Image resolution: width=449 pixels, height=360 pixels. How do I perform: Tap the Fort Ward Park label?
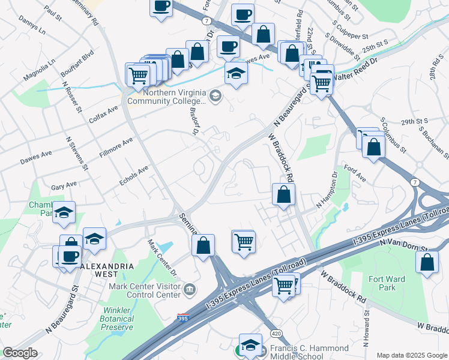pyautogui.click(x=387, y=283)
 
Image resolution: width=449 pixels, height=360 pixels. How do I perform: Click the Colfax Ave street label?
pyautogui.click(x=105, y=112)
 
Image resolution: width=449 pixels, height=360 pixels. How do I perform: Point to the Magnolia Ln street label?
pyautogui.click(x=40, y=70)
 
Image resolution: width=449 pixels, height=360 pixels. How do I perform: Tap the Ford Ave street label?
pyautogui.click(x=354, y=174)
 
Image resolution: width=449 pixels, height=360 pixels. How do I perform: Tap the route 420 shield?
pyautogui.click(x=276, y=333)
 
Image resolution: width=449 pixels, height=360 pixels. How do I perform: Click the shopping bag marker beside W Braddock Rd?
pyautogui.click(x=283, y=194)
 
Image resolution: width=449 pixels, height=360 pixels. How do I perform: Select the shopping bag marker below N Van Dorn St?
pyautogui.click(x=426, y=262)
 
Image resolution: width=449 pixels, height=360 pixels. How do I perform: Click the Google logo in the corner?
pyautogui.click(x=20, y=353)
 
